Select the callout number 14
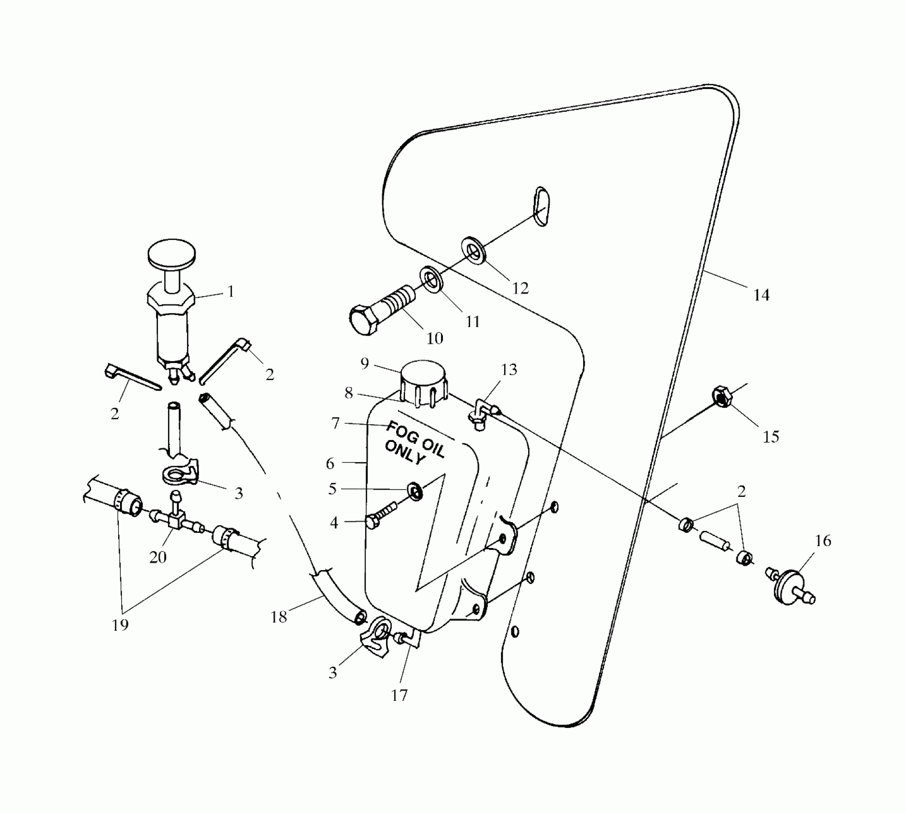[x=762, y=295]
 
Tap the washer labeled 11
[x=431, y=280]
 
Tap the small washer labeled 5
[x=415, y=491]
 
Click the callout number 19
[x=120, y=624]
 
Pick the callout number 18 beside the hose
[x=279, y=617]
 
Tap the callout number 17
[x=399, y=695]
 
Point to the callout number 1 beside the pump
[x=231, y=292]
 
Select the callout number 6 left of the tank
[x=330, y=463]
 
